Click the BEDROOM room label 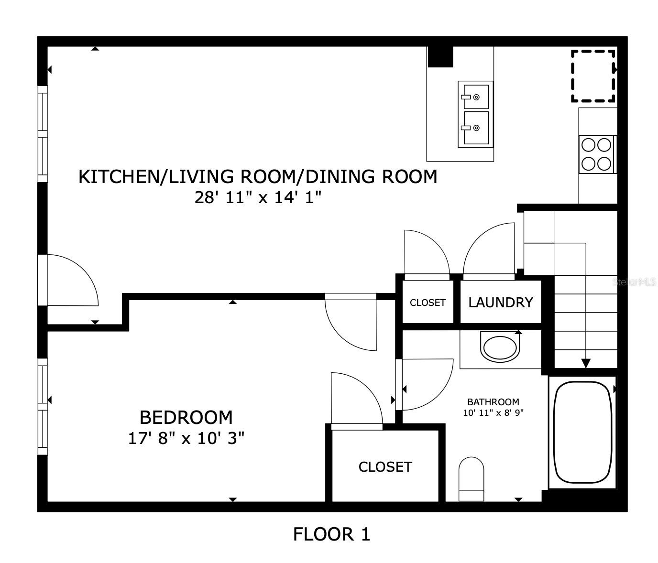(x=186, y=417)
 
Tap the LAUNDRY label (x=500, y=303)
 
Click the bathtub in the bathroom (x=582, y=432)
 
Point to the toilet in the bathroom (x=471, y=479)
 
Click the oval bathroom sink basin (x=500, y=349)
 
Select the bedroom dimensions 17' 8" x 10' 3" (x=186, y=438)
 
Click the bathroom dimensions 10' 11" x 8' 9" (x=493, y=413)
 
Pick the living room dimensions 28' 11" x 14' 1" (x=258, y=197)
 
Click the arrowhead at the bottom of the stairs (x=586, y=363)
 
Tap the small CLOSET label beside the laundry (x=428, y=303)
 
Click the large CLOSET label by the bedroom (x=385, y=467)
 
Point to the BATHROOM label (x=493, y=402)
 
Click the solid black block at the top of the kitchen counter (x=440, y=57)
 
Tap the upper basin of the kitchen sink (x=475, y=97)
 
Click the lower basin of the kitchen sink (x=475, y=128)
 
